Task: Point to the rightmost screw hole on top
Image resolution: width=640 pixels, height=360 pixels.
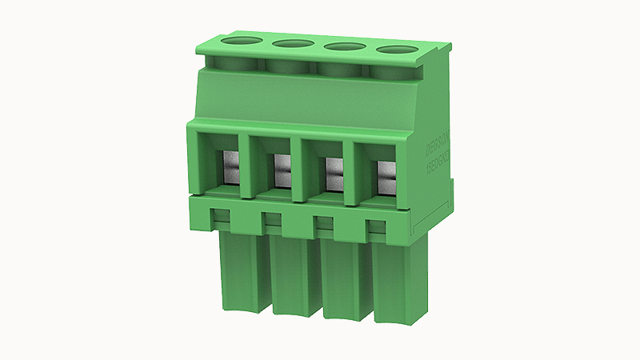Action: coord(398,51)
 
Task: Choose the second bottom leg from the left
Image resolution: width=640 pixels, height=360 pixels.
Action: coord(294,276)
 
